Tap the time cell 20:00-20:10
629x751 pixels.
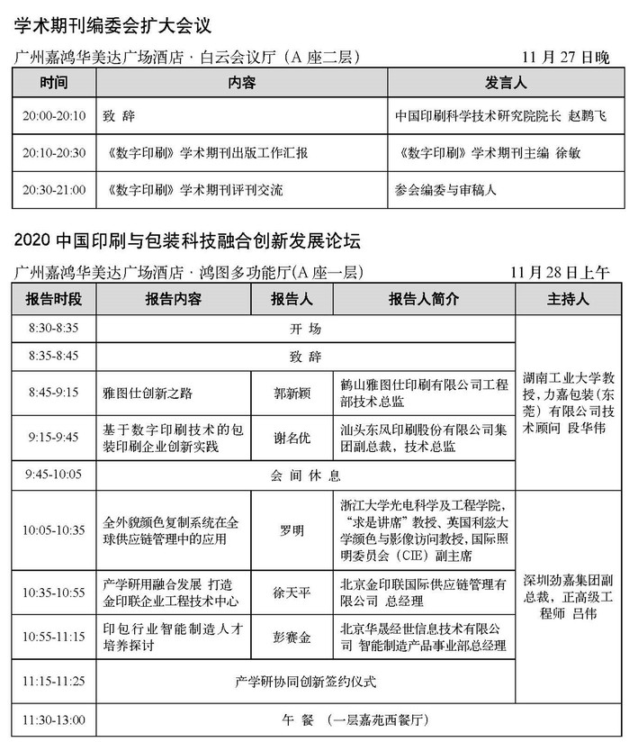[56, 117]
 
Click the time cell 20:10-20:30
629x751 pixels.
[56, 153]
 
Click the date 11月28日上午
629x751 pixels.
[558, 272]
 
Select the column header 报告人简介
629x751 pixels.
[423, 299]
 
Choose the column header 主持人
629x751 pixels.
[568, 299]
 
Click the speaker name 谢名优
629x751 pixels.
[292, 438]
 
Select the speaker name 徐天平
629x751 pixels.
[292, 593]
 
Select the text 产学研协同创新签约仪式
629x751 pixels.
[304, 680]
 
